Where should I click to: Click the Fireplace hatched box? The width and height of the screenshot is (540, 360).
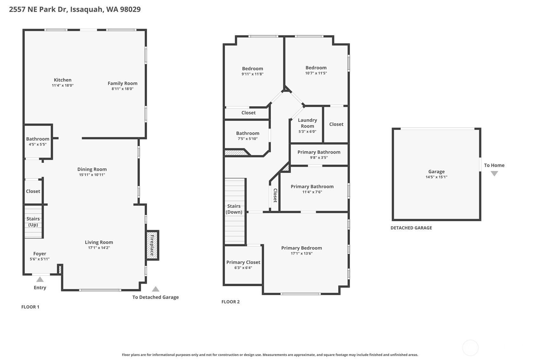click(152, 245)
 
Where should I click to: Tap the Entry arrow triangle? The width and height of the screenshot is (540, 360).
click(40, 279)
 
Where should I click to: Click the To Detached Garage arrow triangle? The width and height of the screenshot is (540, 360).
click(156, 289)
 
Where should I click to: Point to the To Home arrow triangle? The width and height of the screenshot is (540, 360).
click(494, 173)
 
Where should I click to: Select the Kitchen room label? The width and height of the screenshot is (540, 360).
click(63, 80)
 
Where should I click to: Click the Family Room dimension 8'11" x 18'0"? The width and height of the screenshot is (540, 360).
click(123, 89)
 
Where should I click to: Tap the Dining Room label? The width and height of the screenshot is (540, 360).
click(92, 169)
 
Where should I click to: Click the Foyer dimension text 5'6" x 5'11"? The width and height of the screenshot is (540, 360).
click(40, 259)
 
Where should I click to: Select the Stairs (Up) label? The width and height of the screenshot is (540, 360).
click(33, 222)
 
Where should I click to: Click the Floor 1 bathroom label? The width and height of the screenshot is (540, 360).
click(38, 139)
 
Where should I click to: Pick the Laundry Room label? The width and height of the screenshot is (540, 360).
click(307, 123)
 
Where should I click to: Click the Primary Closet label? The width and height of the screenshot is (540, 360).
click(243, 262)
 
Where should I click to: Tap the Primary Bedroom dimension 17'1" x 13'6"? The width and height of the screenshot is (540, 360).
click(302, 253)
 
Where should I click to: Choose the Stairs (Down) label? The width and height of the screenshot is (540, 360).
click(234, 209)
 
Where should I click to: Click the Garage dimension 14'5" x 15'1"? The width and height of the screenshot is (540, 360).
click(436, 177)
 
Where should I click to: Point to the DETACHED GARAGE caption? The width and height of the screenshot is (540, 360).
click(411, 228)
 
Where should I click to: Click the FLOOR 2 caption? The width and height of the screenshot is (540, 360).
click(230, 302)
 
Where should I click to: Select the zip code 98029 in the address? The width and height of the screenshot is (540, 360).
click(130, 9)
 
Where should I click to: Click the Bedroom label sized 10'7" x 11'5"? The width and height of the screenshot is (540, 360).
click(316, 68)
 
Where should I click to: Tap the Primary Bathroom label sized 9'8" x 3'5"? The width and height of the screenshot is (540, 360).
click(319, 152)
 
